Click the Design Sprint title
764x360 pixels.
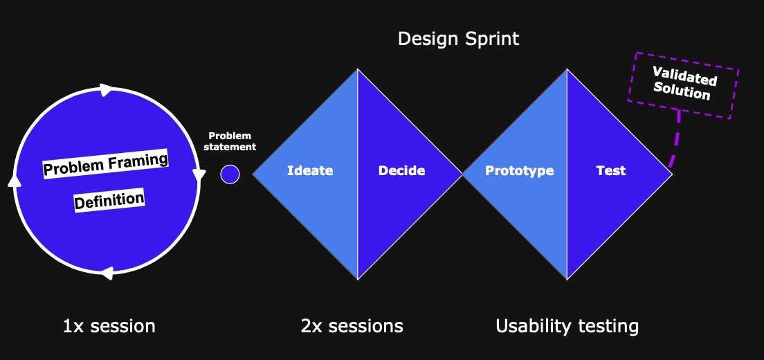point(459,39)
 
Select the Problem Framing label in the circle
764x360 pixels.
point(106,164)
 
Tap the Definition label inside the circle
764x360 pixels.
point(109,199)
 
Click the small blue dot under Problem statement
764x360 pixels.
point(230,174)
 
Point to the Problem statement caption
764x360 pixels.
point(230,141)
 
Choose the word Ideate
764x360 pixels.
point(310,171)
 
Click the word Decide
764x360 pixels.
point(401,171)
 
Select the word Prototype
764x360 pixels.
point(520,171)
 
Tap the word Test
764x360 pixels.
point(611,171)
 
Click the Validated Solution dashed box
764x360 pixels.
point(683,85)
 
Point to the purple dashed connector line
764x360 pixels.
point(676,141)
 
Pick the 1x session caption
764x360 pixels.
point(109,326)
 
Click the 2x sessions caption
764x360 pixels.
point(352,326)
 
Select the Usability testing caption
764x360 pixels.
point(567,326)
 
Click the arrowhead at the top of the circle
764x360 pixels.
point(106,90)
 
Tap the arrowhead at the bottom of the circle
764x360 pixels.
point(107,273)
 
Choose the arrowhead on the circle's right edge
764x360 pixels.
point(199,174)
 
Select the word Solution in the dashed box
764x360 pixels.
point(681,91)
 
